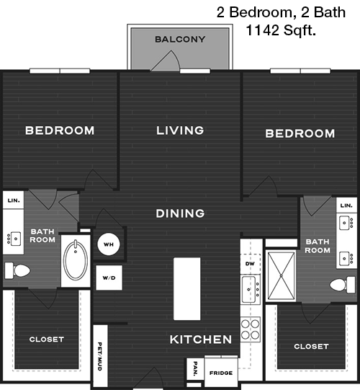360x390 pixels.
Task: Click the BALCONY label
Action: click(x=180, y=40)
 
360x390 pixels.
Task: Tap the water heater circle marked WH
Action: click(x=109, y=244)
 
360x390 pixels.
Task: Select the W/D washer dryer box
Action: click(x=109, y=278)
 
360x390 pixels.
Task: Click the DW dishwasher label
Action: click(x=250, y=264)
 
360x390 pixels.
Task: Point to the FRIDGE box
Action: click(x=221, y=372)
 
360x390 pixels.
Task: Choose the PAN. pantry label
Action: click(x=196, y=368)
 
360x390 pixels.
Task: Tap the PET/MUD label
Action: click(x=99, y=356)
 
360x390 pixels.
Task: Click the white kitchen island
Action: click(x=186, y=289)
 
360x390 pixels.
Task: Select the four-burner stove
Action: click(x=251, y=329)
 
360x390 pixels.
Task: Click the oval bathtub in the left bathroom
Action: click(x=76, y=260)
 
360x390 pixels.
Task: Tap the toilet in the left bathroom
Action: click(x=17, y=270)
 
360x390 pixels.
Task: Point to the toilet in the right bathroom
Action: click(x=343, y=285)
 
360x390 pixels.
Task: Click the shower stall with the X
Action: click(x=282, y=276)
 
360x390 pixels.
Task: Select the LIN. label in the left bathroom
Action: click(x=14, y=200)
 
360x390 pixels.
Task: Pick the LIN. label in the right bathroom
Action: click(x=346, y=205)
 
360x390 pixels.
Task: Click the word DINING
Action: click(x=180, y=213)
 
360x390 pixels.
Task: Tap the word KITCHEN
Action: click(x=201, y=340)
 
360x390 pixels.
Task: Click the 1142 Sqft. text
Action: click(x=281, y=30)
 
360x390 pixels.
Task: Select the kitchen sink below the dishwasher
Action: click(x=251, y=289)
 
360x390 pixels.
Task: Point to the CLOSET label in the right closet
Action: click(x=311, y=347)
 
